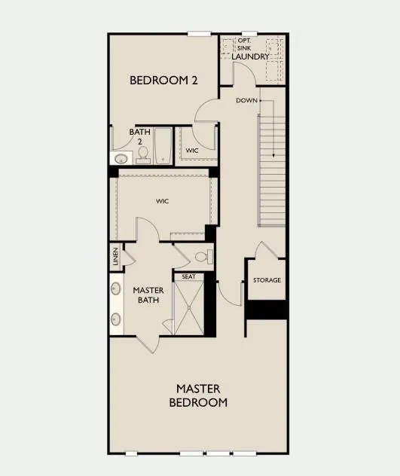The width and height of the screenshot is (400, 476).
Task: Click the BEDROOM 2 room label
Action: click(x=163, y=80)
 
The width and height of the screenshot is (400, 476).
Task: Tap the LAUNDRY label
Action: click(x=251, y=56)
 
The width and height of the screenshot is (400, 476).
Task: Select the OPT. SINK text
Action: click(x=244, y=45)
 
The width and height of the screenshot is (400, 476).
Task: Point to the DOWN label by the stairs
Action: click(x=246, y=100)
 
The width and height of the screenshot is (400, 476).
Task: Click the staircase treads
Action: click(x=272, y=169)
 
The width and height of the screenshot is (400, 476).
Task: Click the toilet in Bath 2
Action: click(x=142, y=155)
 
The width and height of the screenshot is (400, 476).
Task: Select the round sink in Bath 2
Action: click(x=120, y=159)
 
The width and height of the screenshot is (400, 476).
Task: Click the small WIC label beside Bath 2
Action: click(x=192, y=151)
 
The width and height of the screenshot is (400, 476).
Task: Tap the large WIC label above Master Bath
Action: click(x=162, y=201)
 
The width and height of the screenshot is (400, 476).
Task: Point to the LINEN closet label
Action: click(x=115, y=257)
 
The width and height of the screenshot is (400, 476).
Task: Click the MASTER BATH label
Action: click(x=148, y=295)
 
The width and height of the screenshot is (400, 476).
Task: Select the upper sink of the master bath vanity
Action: click(x=117, y=288)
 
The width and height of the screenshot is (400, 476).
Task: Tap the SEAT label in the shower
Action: click(x=189, y=276)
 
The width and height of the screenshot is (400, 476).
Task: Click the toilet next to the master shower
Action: click(x=202, y=258)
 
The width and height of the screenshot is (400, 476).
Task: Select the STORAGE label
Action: click(x=267, y=280)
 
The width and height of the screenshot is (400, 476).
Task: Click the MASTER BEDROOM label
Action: click(x=198, y=395)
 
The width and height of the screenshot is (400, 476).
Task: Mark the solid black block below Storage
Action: click(x=267, y=309)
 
